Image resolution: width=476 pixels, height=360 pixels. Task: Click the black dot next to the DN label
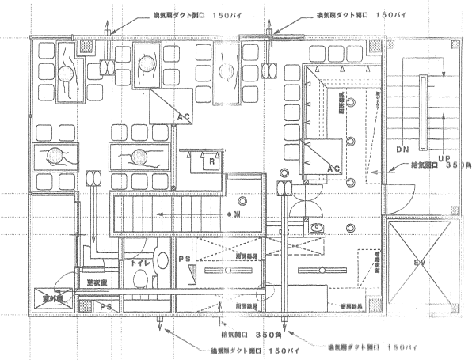(229, 215)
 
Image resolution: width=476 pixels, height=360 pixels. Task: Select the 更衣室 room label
(97, 281)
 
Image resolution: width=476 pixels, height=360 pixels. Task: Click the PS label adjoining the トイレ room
(182, 260)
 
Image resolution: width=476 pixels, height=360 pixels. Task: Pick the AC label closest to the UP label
(333, 169)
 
